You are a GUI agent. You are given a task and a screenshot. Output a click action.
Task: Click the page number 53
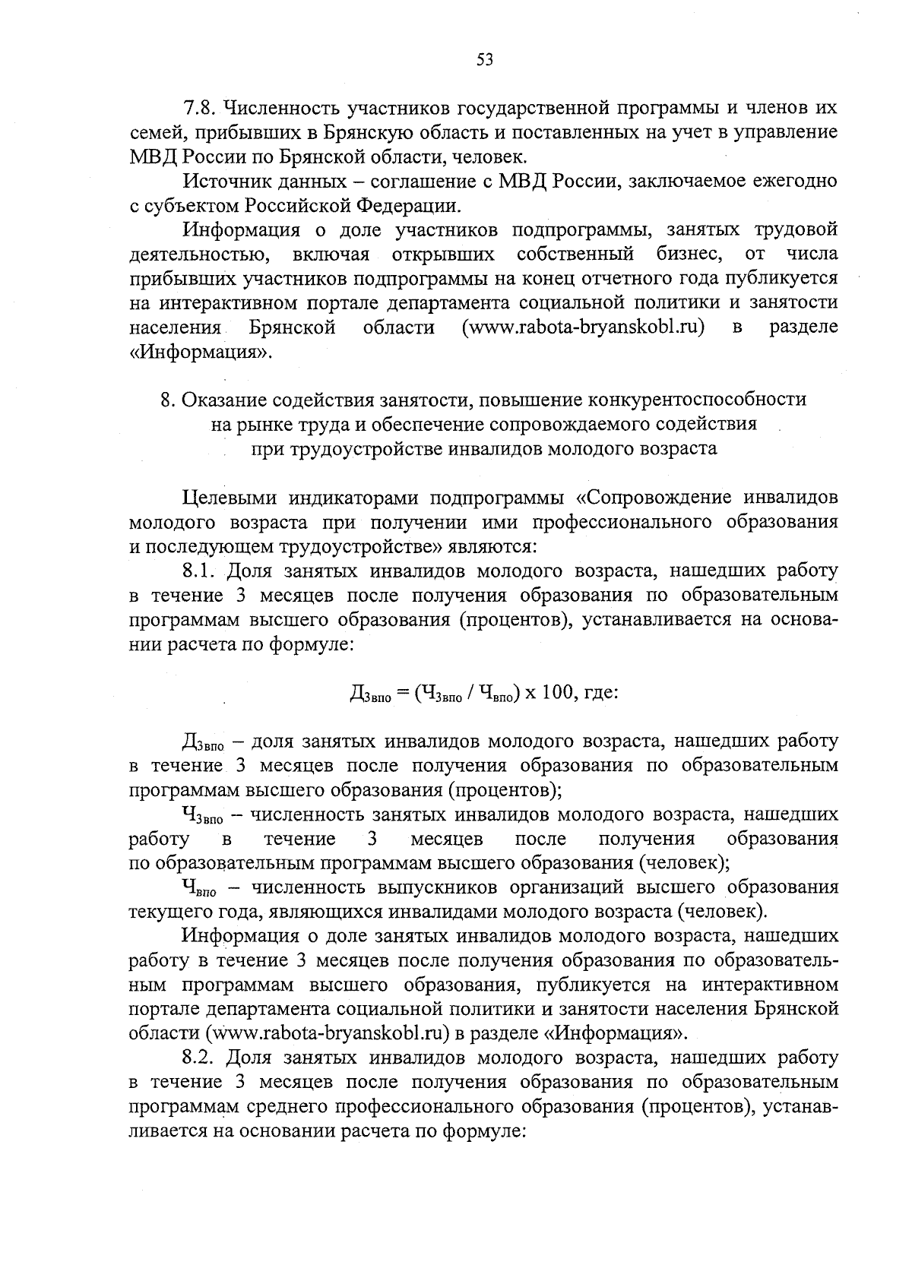tap(484, 60)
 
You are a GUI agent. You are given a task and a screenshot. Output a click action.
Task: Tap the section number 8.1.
tap(199, 571)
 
